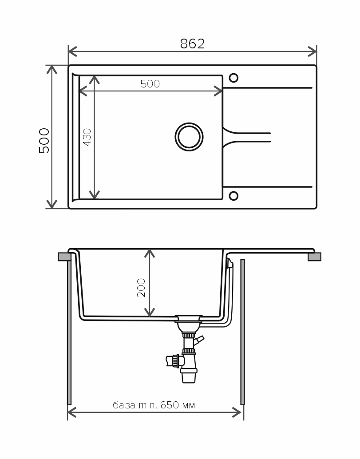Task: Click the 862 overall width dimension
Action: point(192,44)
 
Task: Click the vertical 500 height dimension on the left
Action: point(44,140)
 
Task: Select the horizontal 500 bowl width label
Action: point(150,84)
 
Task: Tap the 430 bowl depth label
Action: point(87,137)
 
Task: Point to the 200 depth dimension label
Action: point(141,288)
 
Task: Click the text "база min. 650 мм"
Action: point(154,405)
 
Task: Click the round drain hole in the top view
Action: point(189,137)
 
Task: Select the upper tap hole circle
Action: point(233,78)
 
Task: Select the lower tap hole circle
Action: point(233,196)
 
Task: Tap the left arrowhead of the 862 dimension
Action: point(72,51)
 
